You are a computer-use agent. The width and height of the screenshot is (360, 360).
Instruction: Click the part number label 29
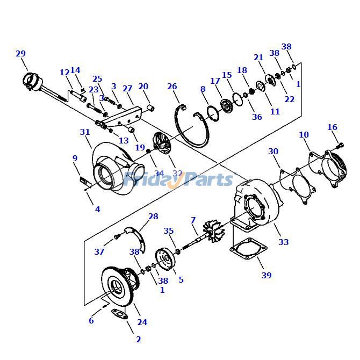point(20,54)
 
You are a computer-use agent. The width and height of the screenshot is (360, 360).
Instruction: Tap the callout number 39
point(267,276)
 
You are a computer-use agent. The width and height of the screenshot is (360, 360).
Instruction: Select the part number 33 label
point(283,242)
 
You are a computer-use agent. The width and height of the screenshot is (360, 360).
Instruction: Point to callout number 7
point(193,220)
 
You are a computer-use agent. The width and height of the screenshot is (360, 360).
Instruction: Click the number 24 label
point(142,322)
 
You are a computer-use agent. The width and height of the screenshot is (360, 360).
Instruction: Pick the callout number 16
point(332,127)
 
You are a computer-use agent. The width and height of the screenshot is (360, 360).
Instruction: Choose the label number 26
point(172,87)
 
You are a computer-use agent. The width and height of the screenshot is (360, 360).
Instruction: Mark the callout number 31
point(85,132)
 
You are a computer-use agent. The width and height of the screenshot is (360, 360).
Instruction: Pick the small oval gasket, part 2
point(120,315)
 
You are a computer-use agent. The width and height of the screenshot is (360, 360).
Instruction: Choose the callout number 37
point(99,252)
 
